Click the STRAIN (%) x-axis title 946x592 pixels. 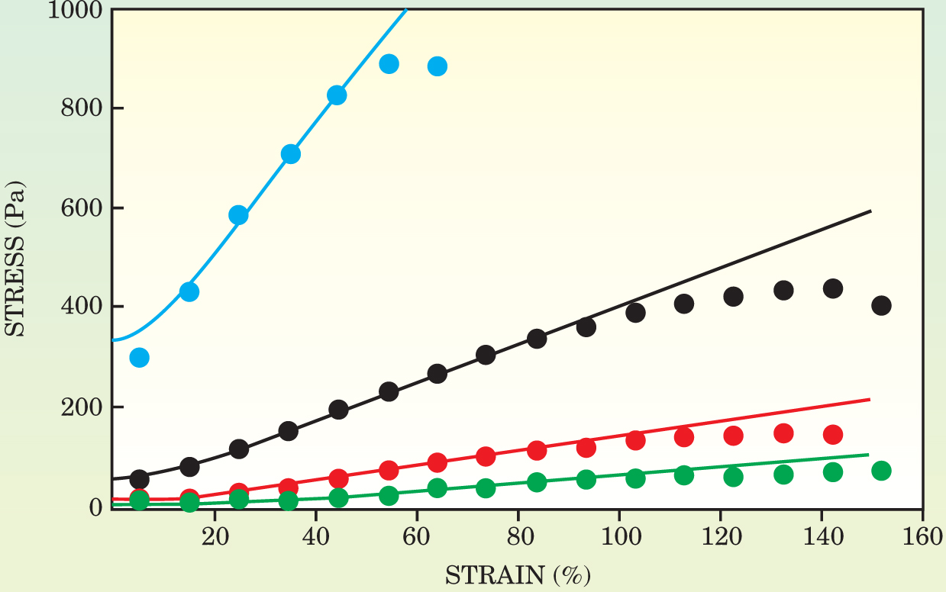coord(517,573)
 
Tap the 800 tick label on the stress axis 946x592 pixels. coord(83,108)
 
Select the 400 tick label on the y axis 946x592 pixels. coord(83,307)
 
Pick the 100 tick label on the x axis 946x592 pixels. coord(619,532)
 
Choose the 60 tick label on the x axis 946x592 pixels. coord(417,532)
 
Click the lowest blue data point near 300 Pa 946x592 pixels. coord(139,357)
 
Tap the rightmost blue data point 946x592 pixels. coord(437,66)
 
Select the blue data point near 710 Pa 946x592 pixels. coord(291,154)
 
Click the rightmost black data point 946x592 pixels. coord(881,306)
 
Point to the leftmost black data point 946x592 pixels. coord(139,479)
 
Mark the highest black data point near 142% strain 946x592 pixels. coord(833,288)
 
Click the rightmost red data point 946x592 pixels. coord(833,435)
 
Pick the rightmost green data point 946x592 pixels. coord(881,471)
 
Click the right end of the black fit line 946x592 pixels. coord(870,211)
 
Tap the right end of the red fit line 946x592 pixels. coord(870,399)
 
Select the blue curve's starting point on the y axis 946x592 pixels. coord(113,339)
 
